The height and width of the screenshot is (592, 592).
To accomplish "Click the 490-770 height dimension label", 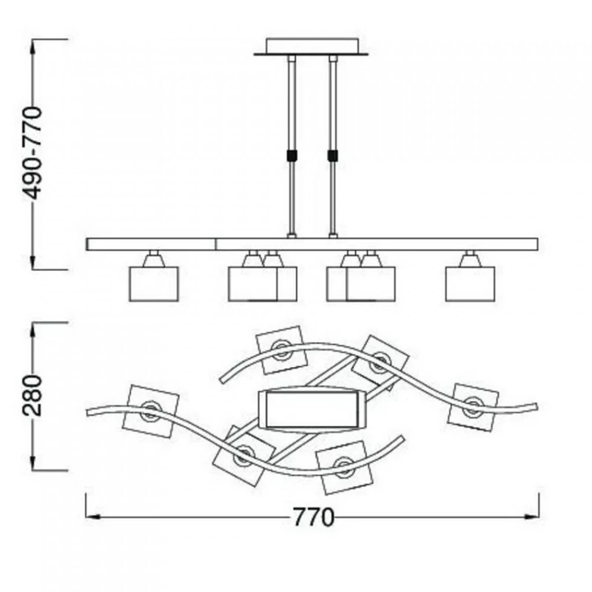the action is [32, 153].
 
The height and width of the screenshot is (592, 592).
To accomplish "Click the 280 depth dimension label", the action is [32, 395].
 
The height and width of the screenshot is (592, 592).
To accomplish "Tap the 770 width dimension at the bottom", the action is [313, 517].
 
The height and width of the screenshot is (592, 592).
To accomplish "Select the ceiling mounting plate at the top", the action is [312, 47].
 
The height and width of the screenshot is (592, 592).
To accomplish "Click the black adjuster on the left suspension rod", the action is [292, 155].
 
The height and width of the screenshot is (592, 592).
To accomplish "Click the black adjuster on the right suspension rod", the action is [332, 155].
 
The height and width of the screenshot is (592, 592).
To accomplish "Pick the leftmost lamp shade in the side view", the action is [154, 284].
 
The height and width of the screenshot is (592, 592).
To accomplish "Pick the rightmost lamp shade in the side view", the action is [470, 284].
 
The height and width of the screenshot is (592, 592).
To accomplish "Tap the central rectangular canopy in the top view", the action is [312, 409].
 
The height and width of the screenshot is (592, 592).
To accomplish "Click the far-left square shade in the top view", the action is [151, 411].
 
